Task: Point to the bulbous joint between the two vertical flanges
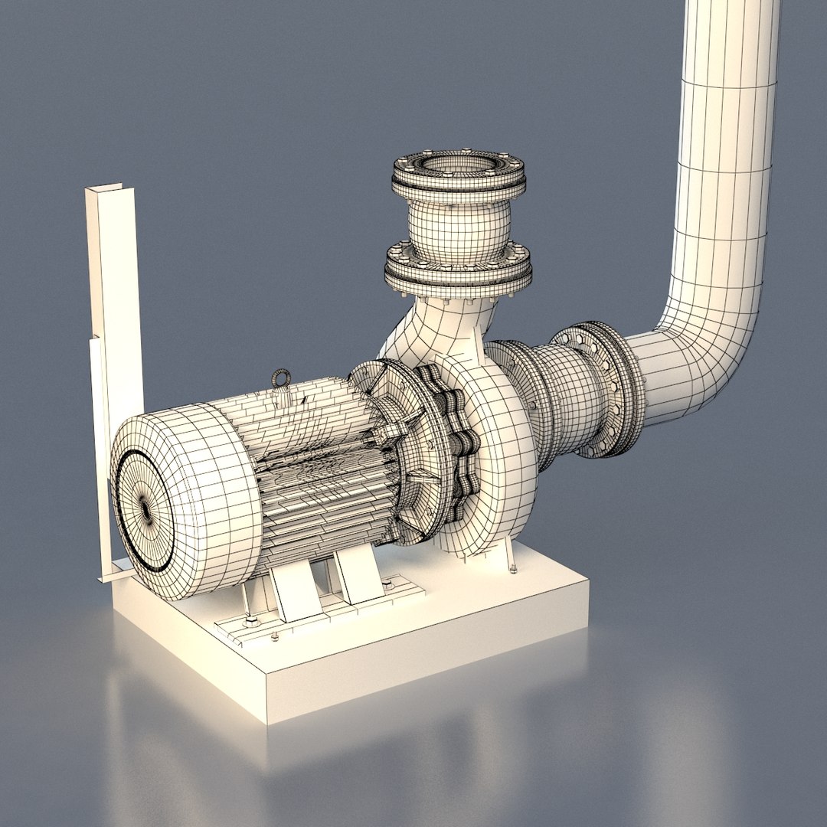pos(458,222)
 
